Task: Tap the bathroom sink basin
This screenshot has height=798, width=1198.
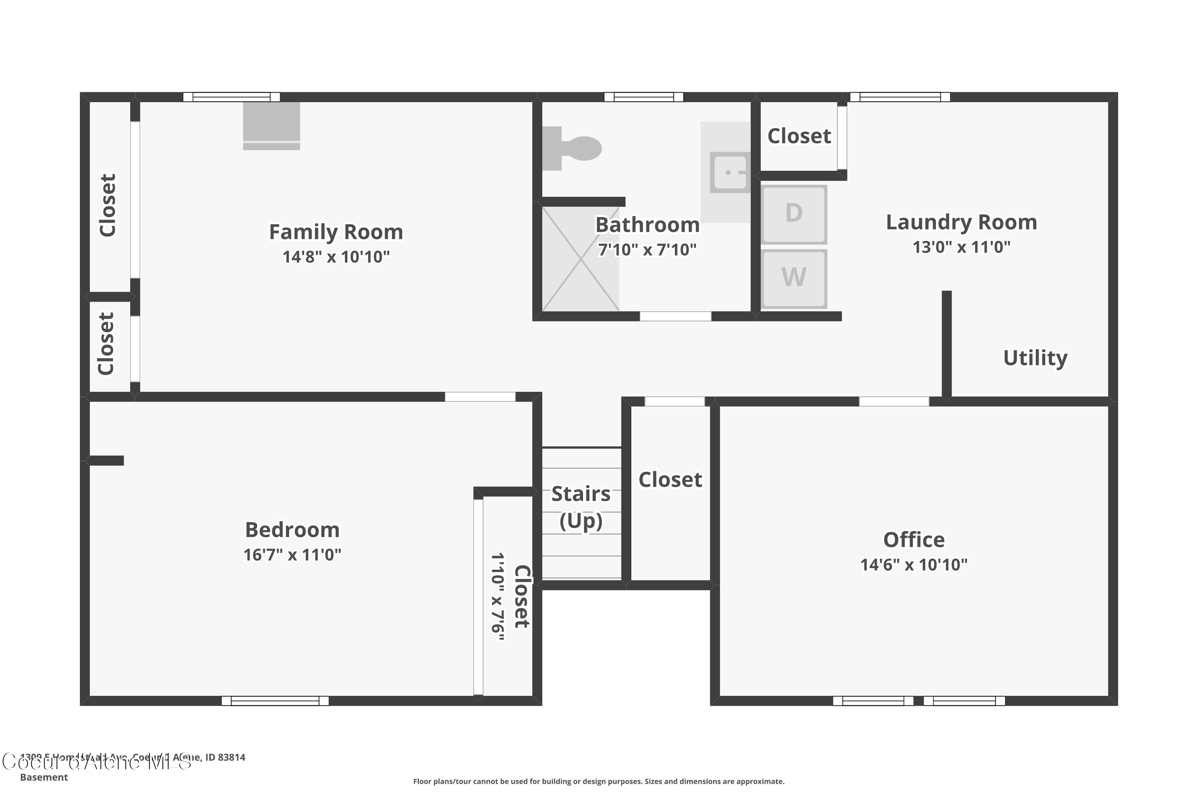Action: coord(730,172)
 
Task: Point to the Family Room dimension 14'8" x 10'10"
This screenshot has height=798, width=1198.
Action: coord(336,257)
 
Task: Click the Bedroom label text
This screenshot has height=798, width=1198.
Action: coord(292,530)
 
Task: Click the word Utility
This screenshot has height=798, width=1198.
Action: coord(1035,358)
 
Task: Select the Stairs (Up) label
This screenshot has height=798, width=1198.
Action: coord(581,507)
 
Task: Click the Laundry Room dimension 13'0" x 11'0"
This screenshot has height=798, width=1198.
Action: coord(961,247)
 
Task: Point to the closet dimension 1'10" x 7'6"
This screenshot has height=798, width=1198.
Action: coord(498,597)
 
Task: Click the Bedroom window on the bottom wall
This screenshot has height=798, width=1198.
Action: coord(275,701)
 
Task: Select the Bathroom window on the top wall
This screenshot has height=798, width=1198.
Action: coord(643,97)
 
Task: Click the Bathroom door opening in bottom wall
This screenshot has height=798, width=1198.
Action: coord(675,316)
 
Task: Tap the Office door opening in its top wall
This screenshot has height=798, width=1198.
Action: coord(894,401)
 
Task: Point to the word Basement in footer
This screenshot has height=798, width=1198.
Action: coord(44,777)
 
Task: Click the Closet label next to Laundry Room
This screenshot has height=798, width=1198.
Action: coord(799,136)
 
